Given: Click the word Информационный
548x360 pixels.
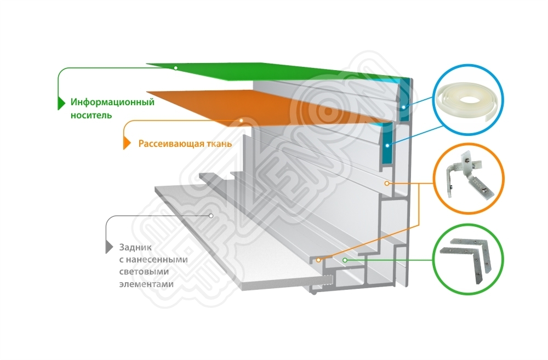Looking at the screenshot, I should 112,102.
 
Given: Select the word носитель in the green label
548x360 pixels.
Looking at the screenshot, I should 91,115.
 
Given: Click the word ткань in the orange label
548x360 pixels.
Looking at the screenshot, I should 214,144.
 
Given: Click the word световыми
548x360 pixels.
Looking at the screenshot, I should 143,272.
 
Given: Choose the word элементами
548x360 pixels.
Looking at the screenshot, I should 145,284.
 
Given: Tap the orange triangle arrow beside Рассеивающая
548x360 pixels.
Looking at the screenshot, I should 127,144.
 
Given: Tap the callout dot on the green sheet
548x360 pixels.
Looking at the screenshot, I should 175,67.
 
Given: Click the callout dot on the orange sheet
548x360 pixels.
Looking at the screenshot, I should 241,120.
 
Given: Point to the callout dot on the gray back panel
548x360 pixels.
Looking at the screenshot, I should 211,216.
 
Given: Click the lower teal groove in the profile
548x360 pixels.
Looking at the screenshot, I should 386,145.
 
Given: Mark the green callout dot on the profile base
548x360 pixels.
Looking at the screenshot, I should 344,260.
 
